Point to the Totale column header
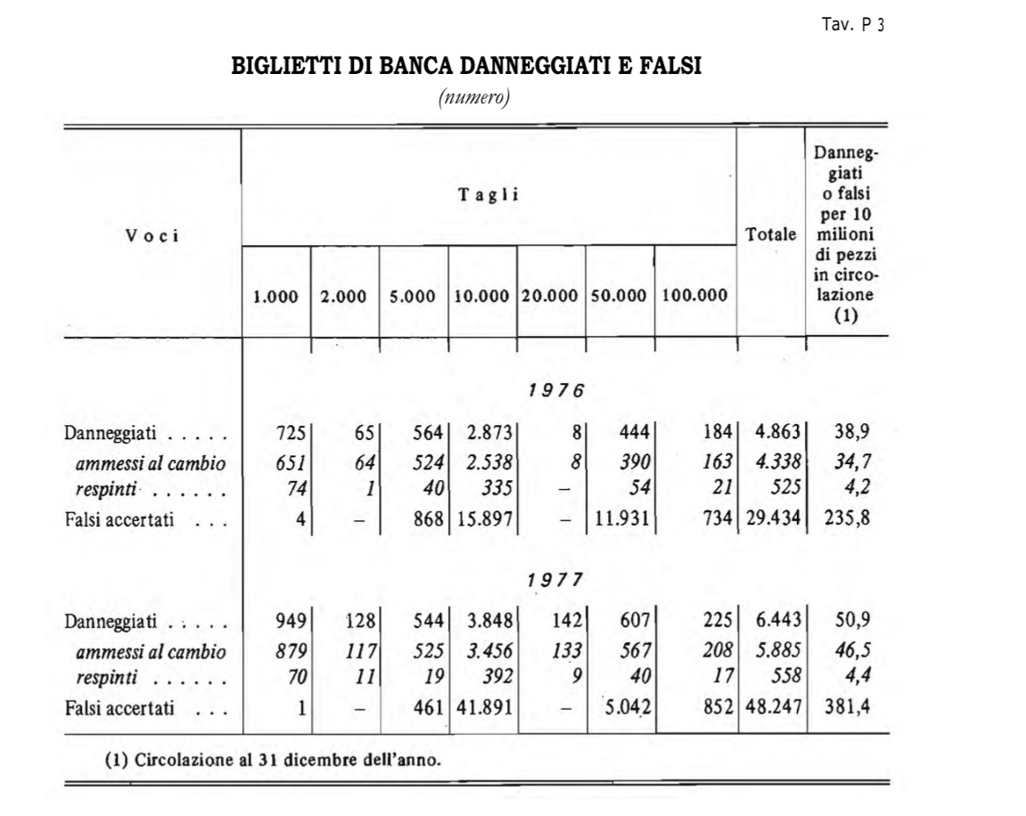[x=771, y=236]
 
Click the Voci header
[x=152, y=236]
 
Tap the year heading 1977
[x=554, y=579]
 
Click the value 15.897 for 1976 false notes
[x=486, y=519]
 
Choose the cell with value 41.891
[x=486, y=709]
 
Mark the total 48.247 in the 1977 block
[x=772, y=709]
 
